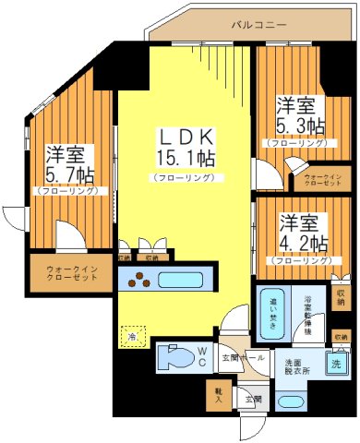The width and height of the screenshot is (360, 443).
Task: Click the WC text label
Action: tap(200, 354)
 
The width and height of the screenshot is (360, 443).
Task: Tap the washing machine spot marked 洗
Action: tap(337, 363)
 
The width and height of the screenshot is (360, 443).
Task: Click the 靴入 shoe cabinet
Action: tap(219, 394)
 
